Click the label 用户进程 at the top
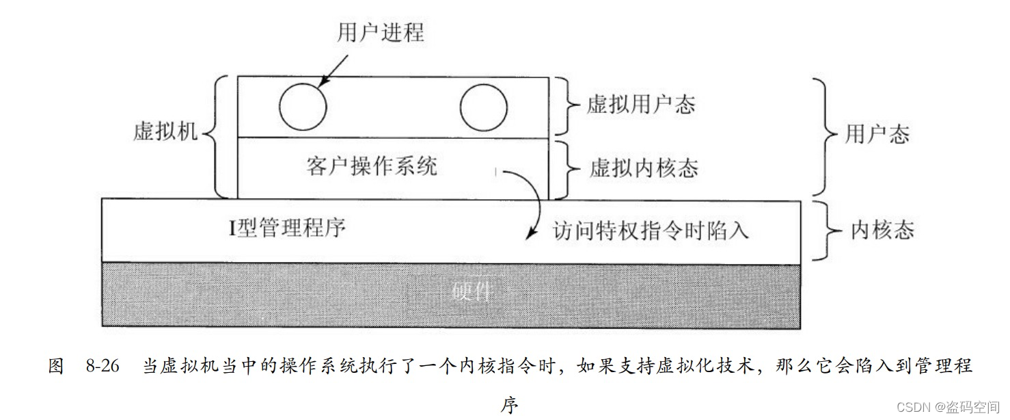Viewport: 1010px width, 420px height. (x=381, y=32)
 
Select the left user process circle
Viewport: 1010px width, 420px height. (x=303, y=107)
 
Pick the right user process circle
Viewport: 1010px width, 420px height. (x=483, y=108)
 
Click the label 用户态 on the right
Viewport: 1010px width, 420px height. (x=877, y=134)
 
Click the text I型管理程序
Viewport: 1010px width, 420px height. (x=287, y=228)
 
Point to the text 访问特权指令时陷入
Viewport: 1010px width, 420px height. (x=651, y=231)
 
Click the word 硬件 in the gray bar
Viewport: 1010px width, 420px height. (x=472, y=291)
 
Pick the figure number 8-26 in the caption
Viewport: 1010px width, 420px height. (x=103, y=366)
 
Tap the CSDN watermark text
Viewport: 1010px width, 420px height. (x=950, y=407)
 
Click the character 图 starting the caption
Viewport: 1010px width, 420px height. (x=56, y=366)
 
